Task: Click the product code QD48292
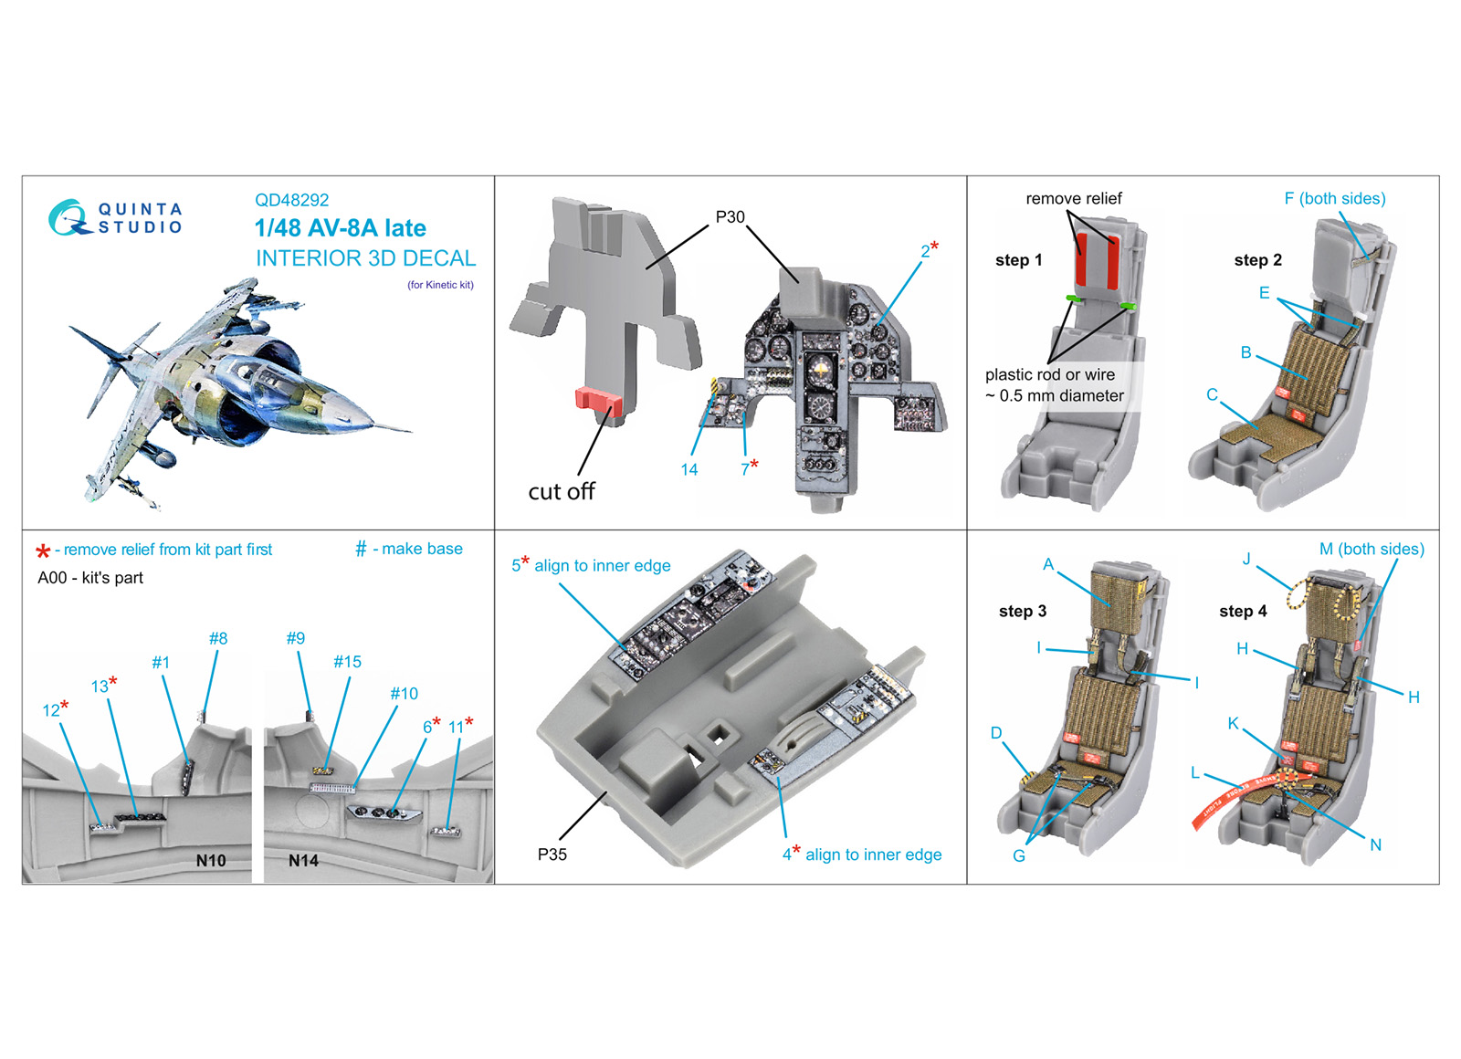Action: pos(291,200)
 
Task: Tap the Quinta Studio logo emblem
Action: pos(68,218)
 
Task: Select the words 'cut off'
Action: pos(561,491)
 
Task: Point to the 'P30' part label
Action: pos(730,217)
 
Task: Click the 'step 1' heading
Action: pos(1018,260)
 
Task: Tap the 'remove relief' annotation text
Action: pos(1074,198)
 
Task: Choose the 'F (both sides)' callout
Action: pos(1334,198)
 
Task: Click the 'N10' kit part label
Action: pos(211,861)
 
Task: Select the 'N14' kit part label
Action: pos(303,861)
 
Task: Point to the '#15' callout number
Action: pos(347,662)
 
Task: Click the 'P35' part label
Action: pos(552,855)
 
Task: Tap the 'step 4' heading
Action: pos(1243,611)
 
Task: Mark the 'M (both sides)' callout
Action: pos(1372,549)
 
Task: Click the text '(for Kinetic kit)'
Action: pos(440,285)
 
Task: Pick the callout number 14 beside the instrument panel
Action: pos(688,469)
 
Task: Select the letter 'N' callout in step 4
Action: pos(1375,845)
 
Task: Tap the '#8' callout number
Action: pos(218,638)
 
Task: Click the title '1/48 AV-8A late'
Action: pos(340,228)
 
